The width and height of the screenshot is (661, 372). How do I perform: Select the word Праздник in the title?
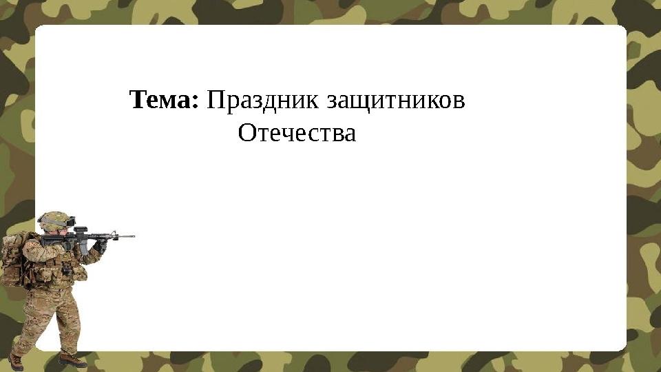[x=262, y=101]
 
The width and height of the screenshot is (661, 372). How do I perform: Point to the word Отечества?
[x=297, y=132]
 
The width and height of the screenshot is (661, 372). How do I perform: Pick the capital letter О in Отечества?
[x=247, y=132]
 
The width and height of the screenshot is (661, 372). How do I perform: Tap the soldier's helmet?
[x=54, y=220]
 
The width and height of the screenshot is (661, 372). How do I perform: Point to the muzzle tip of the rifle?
[x=134, y=236]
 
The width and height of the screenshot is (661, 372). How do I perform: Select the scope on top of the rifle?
[x=81, y=230]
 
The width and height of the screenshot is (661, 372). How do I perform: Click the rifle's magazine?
[x=84, y=249]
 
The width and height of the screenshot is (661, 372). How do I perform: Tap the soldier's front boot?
[x=72, y=360]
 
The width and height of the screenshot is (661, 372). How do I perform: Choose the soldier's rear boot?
[x=16, y=362]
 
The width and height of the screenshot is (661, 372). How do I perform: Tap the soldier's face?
[x=61, y=232]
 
